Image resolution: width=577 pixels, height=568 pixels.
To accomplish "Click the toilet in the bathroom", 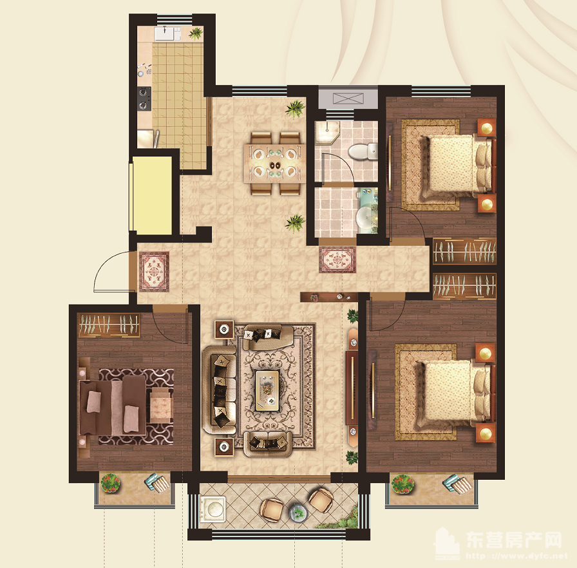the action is pyautogui.click(x=363, y=151).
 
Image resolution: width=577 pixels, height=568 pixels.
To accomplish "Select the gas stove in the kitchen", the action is pyautogui.click(x=144, y=99).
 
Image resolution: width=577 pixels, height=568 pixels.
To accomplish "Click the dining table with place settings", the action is pyautogui.click(x=274, y=163).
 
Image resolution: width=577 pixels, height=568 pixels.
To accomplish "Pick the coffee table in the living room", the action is pyautogui.click(x=267, y=391).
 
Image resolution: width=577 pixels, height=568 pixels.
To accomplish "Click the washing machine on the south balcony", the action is pyautogui.click(x=213, y=508).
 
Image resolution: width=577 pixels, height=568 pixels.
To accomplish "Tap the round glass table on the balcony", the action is pyautogui.click(x=298, y=513).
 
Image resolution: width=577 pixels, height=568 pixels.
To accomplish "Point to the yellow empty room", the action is pyautogui.click(x=152, y=195).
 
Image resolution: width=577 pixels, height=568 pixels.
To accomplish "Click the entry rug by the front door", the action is pyautogui.click(x=154, y=272).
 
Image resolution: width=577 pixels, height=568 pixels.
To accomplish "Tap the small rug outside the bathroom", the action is pyautogui.click(x=337, y=260).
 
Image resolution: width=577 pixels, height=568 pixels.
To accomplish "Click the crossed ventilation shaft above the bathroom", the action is pyautogui.click(x=348, y=99).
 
